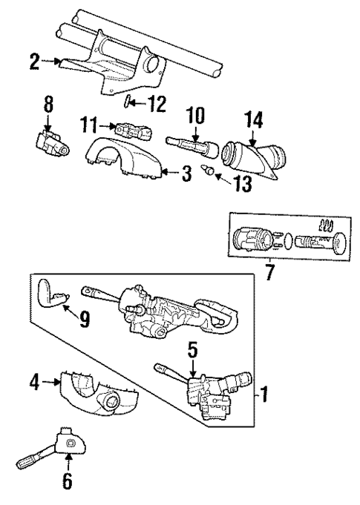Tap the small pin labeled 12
130,102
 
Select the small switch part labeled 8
50,145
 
